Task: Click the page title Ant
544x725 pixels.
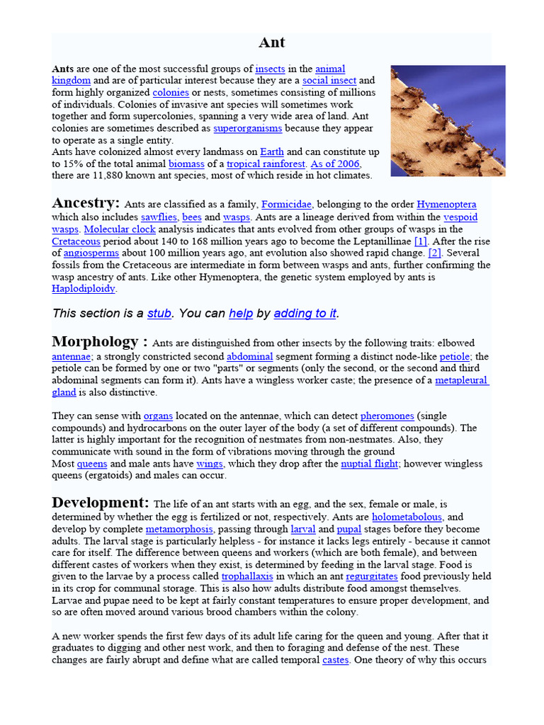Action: (x=271, y=42)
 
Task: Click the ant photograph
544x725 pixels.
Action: (x=448, y=120)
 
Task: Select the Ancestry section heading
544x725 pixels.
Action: (x=86, y=203)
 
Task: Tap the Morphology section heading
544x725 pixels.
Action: (x=99, y=342)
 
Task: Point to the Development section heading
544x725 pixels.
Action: (x=101, y=503)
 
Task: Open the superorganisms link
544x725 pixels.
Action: (x=248, y=128)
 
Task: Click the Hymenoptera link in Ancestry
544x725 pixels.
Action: (x=446, y=205)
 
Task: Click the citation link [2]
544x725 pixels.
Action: (x=435, y=253)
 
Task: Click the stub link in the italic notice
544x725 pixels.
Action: (x=159, y=313)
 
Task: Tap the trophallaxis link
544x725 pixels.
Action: (x=248, y=576)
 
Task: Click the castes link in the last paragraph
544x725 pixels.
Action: (x=336, y=660)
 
